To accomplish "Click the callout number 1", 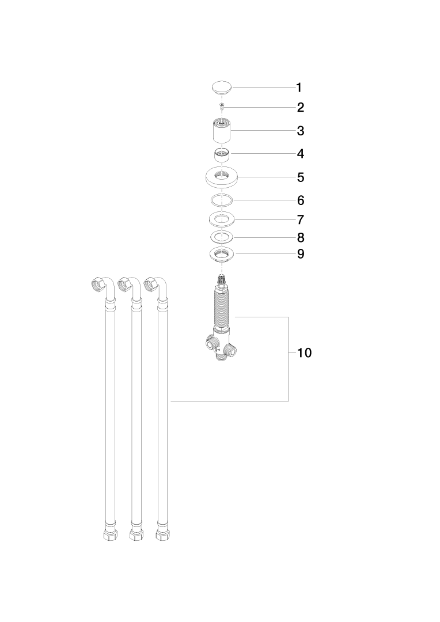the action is (x=299, y=88).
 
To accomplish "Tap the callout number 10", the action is (x=305, y=352).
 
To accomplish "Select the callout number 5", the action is (x=301, y=177).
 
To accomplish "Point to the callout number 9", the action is (x=301, y=253).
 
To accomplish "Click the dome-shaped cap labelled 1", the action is (x=221, y=88).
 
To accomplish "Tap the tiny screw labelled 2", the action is (x=222, y=106).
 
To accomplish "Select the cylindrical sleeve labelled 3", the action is (x=222, y=131).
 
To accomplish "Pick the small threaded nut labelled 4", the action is (x=222, y=154).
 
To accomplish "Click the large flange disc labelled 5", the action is (x=222, y=177).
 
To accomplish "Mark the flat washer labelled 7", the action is (x=222, y=219).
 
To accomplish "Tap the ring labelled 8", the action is (x=222, y=237).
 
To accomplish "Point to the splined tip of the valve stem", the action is (x=222, y=280).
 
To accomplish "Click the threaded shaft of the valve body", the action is (x=222, y=305).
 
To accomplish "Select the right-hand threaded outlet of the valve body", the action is (x=231, y=350).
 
